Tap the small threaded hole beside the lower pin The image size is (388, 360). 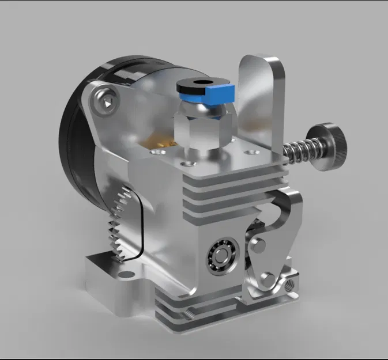[x=289, y=283]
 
